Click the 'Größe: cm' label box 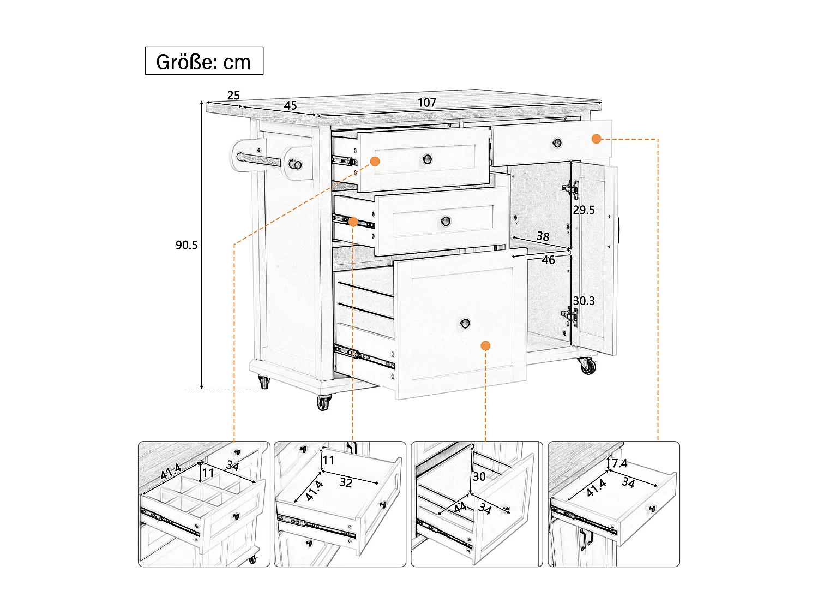(203, 61)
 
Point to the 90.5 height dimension (187, 245)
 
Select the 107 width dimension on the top (427, 103)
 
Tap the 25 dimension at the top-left (233, 96)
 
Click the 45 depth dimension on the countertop (290, 105)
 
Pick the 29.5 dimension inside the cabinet (584, 210)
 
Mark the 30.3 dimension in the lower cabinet (584, 301)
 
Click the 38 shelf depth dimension (543, 236)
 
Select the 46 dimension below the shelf (548, 260)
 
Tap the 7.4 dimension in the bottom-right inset (619, 463)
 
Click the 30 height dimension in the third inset (479, 476)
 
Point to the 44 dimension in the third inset (460, 508)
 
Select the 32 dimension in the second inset (346, 482)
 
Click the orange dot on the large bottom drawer (486, 345)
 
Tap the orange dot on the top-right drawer (596, 139)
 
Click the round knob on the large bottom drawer (465, 323)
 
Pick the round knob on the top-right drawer (557, 143)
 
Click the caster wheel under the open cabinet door (588, 366)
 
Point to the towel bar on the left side (260, 160)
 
